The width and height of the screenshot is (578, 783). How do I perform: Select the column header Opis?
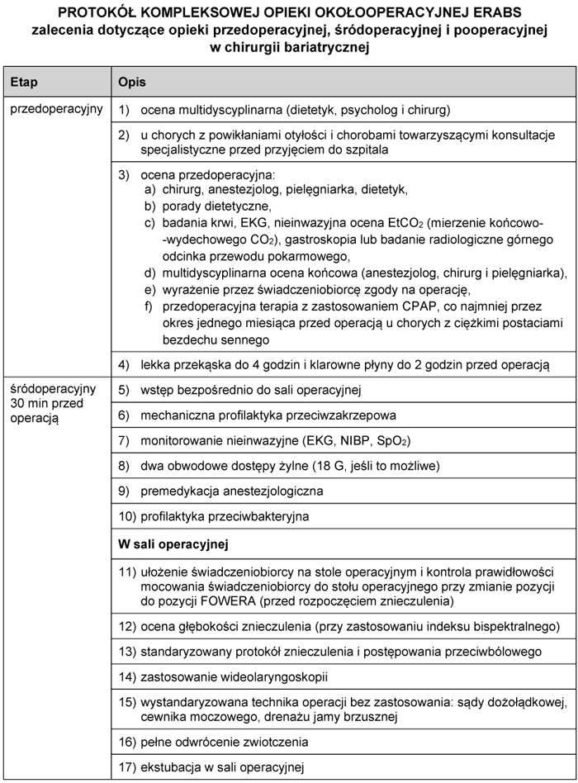pyautogui.click(x=133, y=83)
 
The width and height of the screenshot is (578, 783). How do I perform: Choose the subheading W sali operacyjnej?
pyautogui.click(x=173, y=544)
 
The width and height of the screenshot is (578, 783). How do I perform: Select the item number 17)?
pyautogui.click(x=127, y=765)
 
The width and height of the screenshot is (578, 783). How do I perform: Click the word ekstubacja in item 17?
pyautogui.click(x=170, y=765)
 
